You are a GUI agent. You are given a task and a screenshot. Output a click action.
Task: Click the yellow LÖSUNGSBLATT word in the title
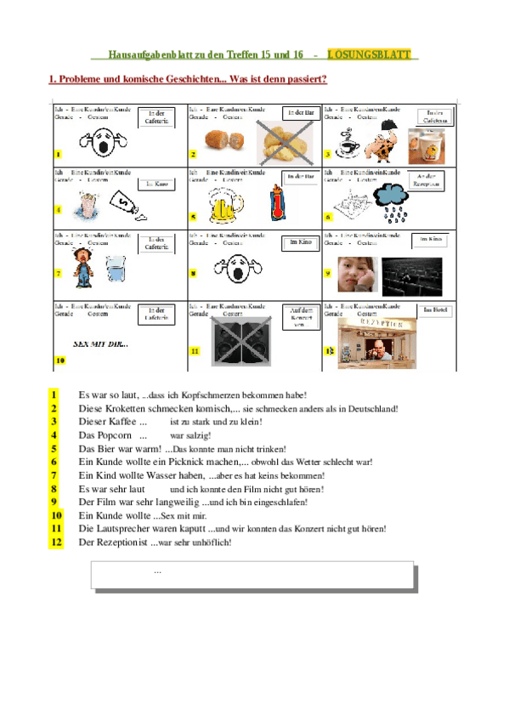point(368,54)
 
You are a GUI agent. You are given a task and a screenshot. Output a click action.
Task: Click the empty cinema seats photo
point(407,271)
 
